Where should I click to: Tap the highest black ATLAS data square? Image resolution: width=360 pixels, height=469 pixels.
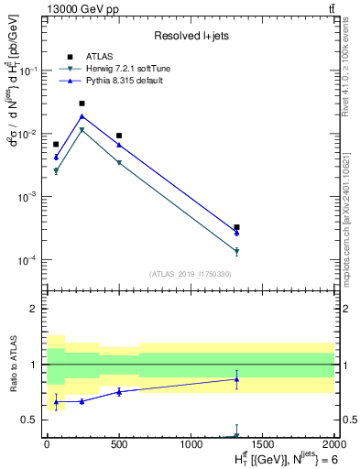click(82, 104)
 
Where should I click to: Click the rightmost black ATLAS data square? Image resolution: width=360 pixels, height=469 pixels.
click(236, 227)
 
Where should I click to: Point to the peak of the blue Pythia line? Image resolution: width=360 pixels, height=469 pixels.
click(82, 116)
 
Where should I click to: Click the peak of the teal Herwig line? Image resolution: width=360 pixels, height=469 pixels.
click(82, 130)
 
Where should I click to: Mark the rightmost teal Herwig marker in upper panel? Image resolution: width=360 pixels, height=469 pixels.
click(236, 251)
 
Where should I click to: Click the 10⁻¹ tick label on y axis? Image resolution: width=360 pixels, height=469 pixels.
click(29, 71)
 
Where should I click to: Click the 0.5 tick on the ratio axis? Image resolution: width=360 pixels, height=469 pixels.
click(31, 420)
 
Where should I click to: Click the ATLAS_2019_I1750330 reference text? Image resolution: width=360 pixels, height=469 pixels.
click(190, 274)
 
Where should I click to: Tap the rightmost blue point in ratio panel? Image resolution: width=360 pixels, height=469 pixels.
click(236, 379)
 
